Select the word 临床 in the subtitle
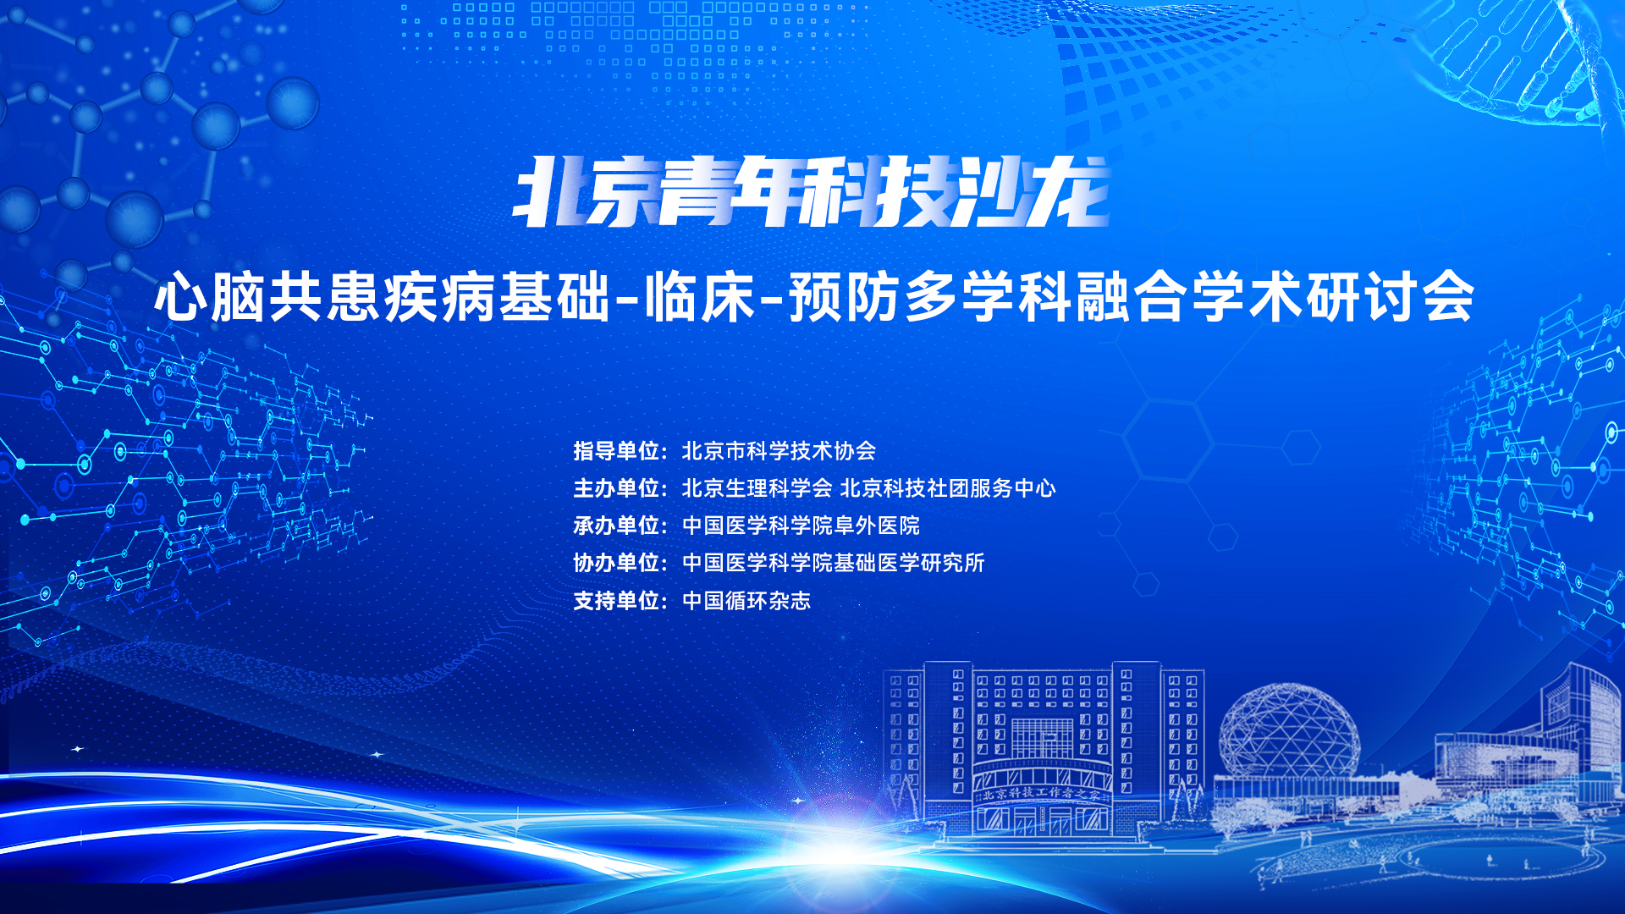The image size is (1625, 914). pyautogui.click(x=700, y=297)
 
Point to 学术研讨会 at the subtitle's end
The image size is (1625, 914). pyautogui.click(x=1332, y=297)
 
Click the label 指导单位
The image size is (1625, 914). pyautogui.click(x=616, y=451)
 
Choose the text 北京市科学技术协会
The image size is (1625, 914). pyautogui.click(x=779, y=451)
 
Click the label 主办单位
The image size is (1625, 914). pyautogui.click(x=616, y=488)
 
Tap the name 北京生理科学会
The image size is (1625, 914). pyautogui.click(x=757, y=488)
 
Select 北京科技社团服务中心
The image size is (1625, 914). pyautogui.click(x=948, y=488)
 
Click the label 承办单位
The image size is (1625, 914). pyautogui.click(x=616, y=526)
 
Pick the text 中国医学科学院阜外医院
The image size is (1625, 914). pyautogui.click(x=801, y=526)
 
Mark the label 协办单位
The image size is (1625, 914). pyautogui.click(x=616, y=563)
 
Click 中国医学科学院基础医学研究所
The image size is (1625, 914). pyautogui.click(x=834, y=563)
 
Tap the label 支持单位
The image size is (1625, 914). pyautogui.click(x=616, y=601)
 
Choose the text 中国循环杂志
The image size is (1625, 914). pyautogui.click(x=746, y=601)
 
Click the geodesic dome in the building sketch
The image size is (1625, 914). pyautogui.click(x=1288, y=730)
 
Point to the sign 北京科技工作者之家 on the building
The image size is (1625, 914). pyautogui.click(x=1042, y=794)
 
